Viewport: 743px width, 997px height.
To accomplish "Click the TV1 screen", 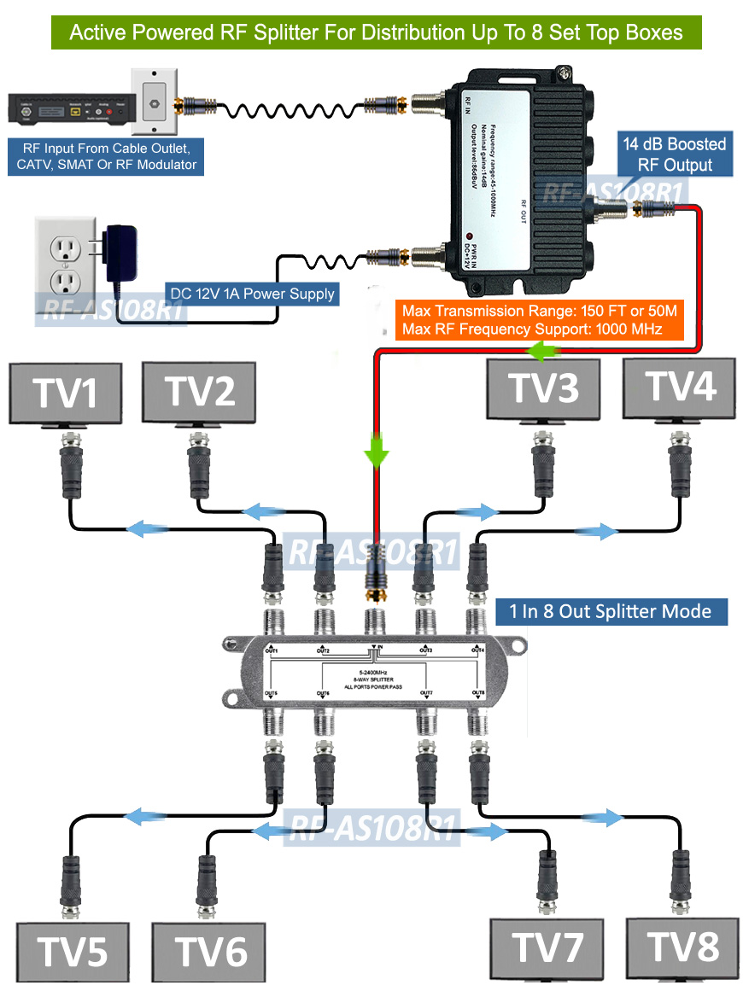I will (64, 393).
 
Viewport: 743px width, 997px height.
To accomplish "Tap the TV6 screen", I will (209, 951).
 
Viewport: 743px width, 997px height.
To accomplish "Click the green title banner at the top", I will (376, 32).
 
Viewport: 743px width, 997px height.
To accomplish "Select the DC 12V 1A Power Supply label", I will (252, 294).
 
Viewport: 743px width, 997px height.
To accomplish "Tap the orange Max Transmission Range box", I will (540, 320).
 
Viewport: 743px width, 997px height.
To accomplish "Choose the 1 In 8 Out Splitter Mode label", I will (611, 611).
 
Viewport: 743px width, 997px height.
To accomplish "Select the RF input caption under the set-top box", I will (107, 158).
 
